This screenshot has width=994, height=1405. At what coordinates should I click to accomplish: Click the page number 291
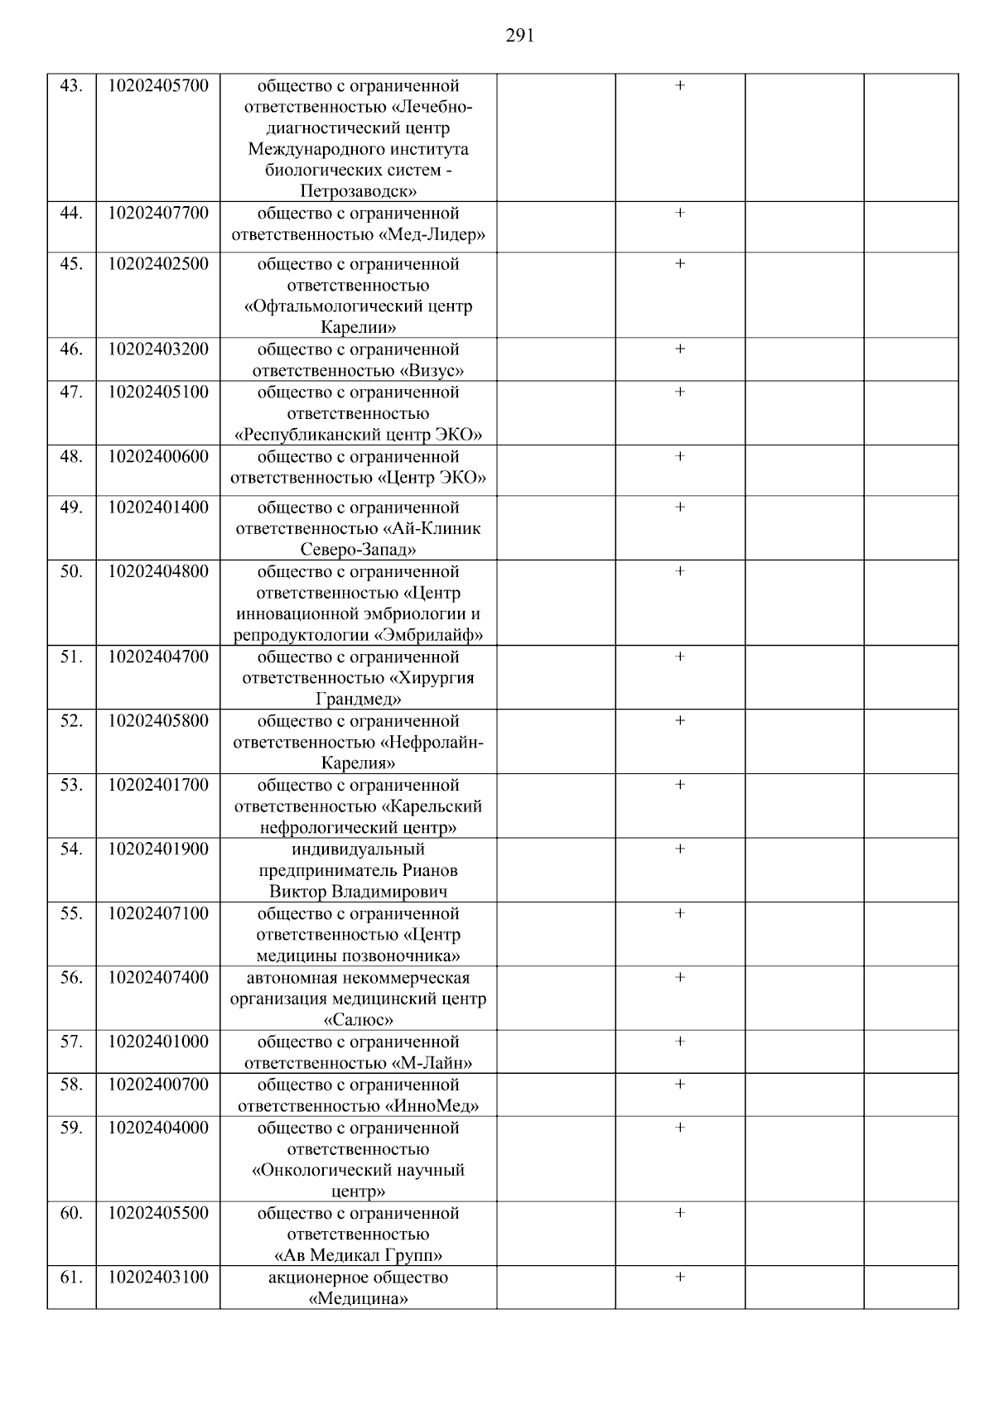click(519, 35)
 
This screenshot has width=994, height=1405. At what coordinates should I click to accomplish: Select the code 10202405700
click(158, 85)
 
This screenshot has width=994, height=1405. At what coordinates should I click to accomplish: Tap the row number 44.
click(71, 213)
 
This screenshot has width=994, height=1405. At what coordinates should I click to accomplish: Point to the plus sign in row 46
click(680, 349)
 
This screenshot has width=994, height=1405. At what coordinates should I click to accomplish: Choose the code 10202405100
click(158, 392)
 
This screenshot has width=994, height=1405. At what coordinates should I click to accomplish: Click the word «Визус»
click(432, 371)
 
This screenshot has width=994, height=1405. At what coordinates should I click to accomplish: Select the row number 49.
click(71, 507)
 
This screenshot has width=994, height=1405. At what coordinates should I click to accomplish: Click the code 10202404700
click(158, 657)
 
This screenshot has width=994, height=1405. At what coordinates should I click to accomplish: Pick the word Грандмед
click(359, 700)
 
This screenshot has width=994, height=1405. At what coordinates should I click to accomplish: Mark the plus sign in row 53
click(680, 785)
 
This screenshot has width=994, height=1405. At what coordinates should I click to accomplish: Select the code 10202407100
click(158, 913)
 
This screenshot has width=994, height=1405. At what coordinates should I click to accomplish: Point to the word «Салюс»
click(359, 1020)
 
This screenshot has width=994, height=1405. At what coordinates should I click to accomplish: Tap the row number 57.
click(71, 1042)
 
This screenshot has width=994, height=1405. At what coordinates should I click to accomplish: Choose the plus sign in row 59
click(680, 1128)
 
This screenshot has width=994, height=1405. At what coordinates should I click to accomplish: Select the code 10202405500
click(158, 1213)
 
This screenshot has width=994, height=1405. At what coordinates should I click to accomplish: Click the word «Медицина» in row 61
click(359, 1298)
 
